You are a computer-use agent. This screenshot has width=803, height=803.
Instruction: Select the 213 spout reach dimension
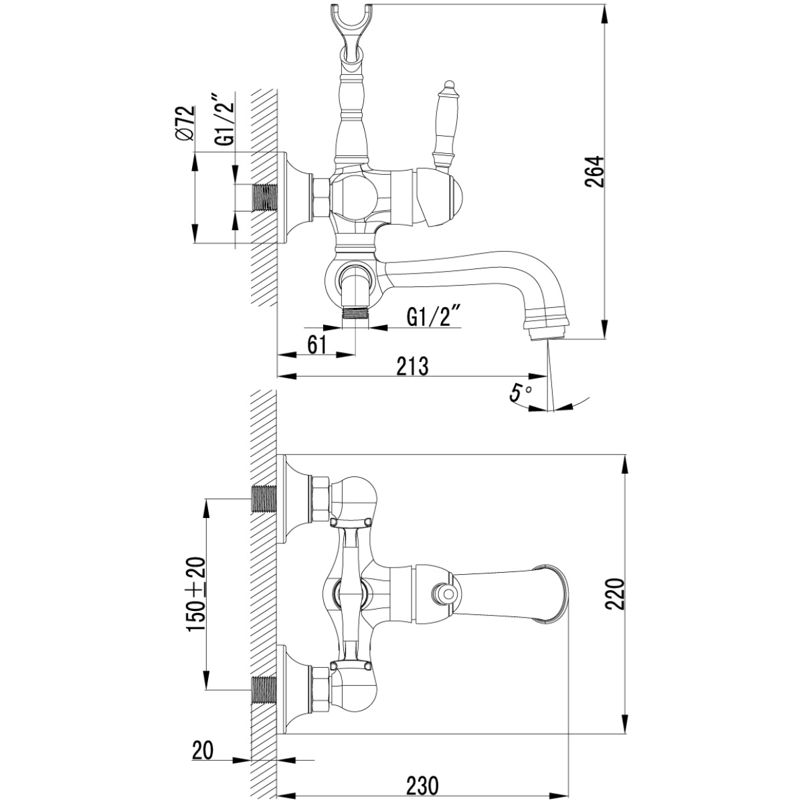pyautogui.click(x=412, y=366)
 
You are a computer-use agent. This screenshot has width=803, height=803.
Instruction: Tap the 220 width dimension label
pyautogui.click(x=616, y=594)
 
